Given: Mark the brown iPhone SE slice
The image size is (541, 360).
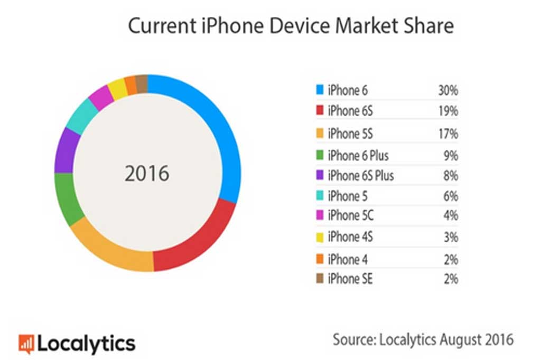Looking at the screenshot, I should (141, 83).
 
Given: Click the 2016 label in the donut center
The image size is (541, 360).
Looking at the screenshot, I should (147, 174).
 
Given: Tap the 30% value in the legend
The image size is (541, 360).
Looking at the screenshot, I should (447, 91).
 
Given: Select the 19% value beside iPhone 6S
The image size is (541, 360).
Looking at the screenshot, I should (447, 111).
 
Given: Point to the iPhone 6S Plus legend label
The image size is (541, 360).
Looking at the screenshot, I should (361, 175).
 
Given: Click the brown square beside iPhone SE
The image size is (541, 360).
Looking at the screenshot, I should (320, 278).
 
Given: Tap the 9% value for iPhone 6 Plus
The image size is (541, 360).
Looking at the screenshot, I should (450, 156).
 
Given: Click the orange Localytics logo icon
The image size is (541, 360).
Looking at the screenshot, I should (26, 344).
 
